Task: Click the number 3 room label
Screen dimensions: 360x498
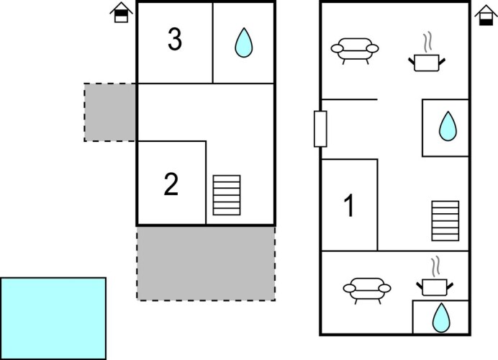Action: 174,40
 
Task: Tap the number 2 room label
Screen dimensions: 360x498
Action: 171,185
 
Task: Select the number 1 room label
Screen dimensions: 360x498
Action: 350,207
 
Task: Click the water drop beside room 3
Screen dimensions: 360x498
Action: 244,42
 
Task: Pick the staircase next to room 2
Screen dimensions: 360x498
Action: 227,195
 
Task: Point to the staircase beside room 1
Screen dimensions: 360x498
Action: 445,221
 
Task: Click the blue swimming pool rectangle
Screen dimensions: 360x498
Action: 53,318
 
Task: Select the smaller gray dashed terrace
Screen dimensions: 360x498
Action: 110,112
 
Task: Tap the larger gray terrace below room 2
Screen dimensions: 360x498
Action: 206,263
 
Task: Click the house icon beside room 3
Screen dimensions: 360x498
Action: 121,12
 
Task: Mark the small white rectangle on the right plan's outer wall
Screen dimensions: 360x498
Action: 320,129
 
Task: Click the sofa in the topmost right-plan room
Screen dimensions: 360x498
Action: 354,50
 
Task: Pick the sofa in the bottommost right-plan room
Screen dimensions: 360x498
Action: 367,289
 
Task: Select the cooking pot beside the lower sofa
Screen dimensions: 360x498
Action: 433,287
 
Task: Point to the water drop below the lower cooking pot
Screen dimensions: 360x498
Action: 440,318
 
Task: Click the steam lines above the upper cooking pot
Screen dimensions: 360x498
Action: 428,41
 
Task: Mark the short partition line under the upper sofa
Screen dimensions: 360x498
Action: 349,99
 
